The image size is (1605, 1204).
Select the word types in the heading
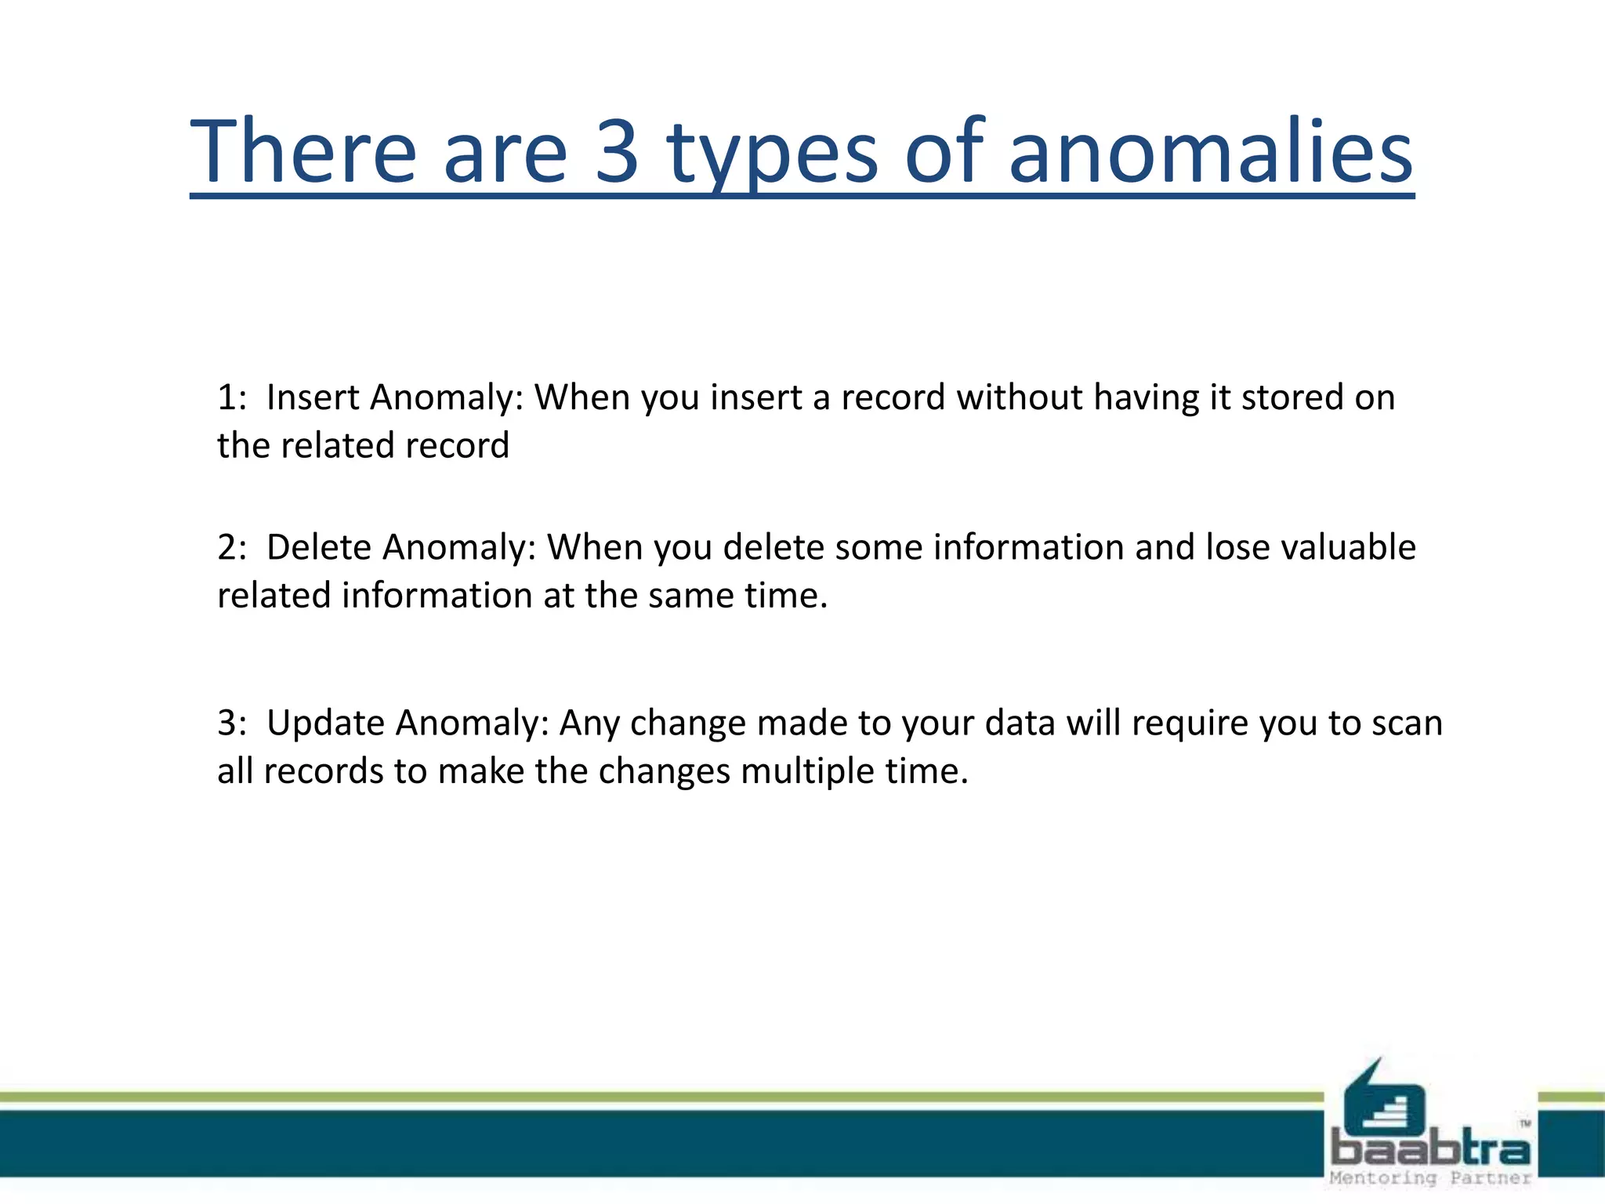[x=773, y=153]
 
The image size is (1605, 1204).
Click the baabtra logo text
[x=1429, y=1150]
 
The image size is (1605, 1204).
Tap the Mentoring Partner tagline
[x=1429, y=1178]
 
